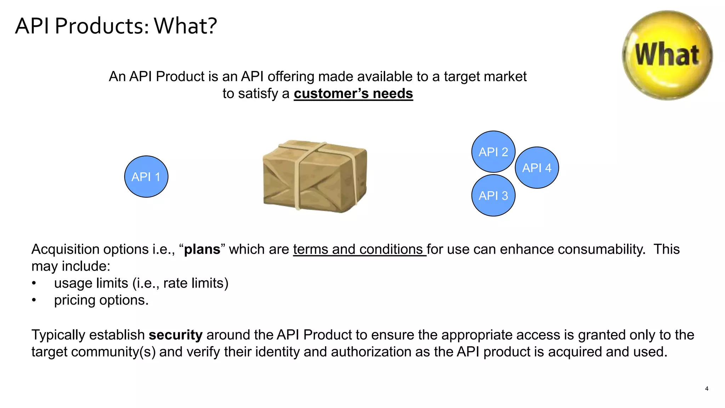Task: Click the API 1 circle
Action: (x=146, y=176)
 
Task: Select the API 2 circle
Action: (x=493, y=152)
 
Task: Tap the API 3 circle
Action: (x=493, y=195)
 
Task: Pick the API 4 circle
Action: (x=537, y=168)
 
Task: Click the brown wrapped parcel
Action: (x=315, y=176)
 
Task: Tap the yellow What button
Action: (x=667, y=55)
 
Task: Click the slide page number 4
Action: (x=707, y=389)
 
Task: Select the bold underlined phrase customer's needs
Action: (x=353, y=93)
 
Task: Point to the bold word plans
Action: (x=202, y=249)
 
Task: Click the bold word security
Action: (x=176, y=335)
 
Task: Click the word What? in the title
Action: (x=185, y=26)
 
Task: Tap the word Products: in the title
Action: (x=102, y=26)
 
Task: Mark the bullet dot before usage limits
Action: (x=34, y=283)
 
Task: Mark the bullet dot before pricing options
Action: (x=34, y=300)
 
